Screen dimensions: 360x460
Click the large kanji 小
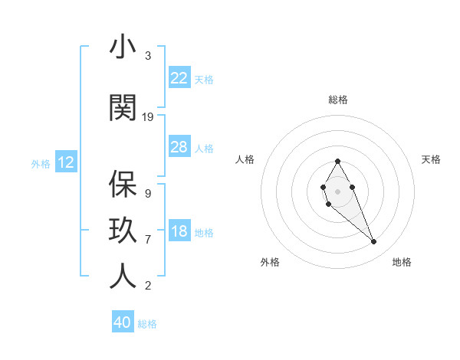(123, 47)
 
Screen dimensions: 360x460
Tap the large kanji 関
(123, 108)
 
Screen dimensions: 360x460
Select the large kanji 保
(123, 184)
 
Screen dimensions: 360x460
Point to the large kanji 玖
(123, 231)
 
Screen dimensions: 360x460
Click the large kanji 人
(123, 277)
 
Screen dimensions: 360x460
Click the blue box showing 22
(179, 78)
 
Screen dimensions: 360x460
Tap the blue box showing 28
(179, 147)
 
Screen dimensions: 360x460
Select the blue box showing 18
(179, 232)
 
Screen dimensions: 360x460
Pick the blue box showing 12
(66, 162)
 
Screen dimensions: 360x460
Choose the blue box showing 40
(123, 322)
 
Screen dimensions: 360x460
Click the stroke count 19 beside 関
(148, 117)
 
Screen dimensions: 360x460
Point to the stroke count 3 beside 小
(148, 56)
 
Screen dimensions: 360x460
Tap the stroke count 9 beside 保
(148, 193)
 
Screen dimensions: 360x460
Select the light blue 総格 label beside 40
(147, 324)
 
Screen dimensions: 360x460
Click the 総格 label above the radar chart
(337, 100)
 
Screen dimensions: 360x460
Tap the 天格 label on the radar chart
(432, 159)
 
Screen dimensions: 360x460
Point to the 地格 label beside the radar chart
(402, 262)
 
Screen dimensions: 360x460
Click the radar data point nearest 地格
(374, 242)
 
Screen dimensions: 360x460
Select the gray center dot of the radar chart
(337, 190)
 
